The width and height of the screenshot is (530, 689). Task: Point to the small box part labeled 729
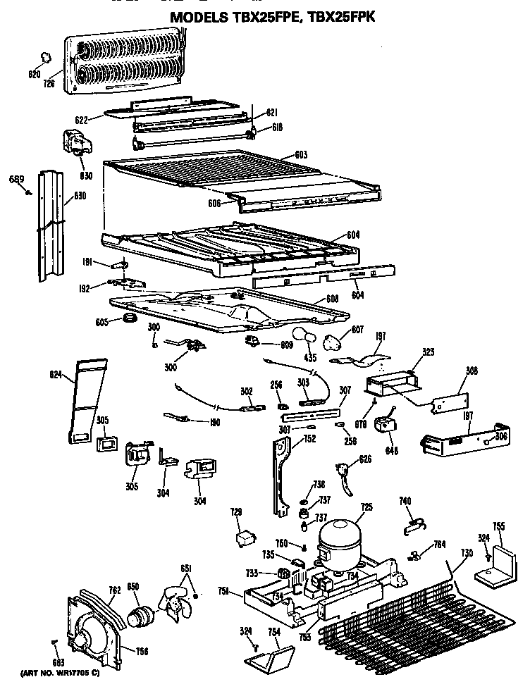pyautogui.click(x=244, y=539)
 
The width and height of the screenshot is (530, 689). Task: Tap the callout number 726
pyautogui.click(x=49, y=84)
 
